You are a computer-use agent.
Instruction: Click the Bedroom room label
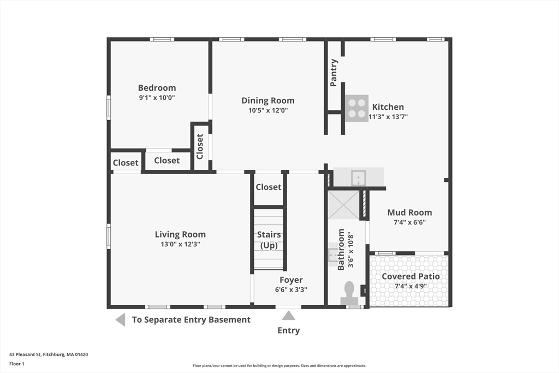click(157, 88)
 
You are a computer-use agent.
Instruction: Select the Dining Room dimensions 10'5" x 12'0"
click(267, 110)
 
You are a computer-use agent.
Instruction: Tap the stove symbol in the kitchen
click(356, 108)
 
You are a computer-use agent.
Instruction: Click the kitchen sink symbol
click(358, 177)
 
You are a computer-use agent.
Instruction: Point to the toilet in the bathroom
click(349, 293)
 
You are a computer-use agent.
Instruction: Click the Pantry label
click(334, 73)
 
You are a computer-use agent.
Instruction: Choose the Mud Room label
click(409, 212)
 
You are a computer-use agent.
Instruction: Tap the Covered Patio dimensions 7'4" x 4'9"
click(410, 286)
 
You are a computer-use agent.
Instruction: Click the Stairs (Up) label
click(269, 239)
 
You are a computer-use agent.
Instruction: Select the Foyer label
click(291, 280)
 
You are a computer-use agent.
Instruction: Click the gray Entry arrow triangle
click(288, 315)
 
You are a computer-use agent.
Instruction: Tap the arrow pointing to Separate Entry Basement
click(121, 319)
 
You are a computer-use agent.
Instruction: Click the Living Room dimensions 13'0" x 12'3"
click(180, 244)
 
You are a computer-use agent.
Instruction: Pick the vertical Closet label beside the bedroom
click(200, 146)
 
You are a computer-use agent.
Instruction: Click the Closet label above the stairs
click(269, 187)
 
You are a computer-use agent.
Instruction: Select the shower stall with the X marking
click(343, 204)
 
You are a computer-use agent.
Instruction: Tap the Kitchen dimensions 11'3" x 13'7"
click(388, 116)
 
